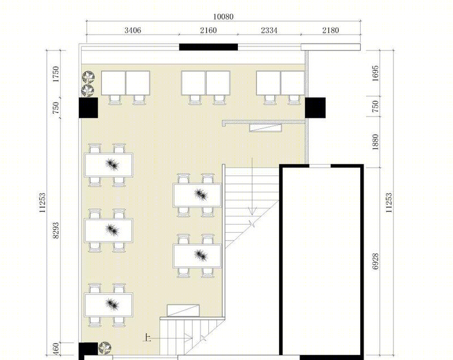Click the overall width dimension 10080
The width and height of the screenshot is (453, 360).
click(x=223, y=16)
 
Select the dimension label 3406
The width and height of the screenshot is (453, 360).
click(x=133, y=30)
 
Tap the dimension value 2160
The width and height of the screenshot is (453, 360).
click(x=208, y=30)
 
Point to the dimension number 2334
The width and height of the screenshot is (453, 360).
click(x=269, y=30)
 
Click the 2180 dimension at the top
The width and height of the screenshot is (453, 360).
click(x=331, y=30)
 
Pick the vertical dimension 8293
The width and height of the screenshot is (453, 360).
click(x=55, y=230)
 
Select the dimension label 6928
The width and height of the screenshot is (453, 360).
click(x=375, y=262)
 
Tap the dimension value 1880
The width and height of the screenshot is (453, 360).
click(x=375, y=142)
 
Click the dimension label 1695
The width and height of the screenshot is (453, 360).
click(x=375, y=74)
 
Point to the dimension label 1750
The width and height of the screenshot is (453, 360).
click(x=55, y=74)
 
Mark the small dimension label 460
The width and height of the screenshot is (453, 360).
click(x=56, y=349)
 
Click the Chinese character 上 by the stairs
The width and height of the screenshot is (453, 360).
click(x=148, y=338)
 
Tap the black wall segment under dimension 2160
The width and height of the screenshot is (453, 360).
click(x=208, y=47)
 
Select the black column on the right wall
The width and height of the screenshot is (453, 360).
click(x=315, y=108)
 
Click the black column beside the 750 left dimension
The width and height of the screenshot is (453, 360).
click(x=88, y=108)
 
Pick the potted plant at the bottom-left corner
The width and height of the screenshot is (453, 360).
click(x=104, y=348)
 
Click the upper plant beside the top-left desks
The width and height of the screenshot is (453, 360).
click(x=88, y=77)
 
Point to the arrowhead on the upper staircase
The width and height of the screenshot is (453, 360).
click(x=253, y=211)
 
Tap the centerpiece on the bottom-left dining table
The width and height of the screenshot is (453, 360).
click(x=112, y=304)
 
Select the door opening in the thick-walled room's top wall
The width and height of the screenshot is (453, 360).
click(x=320, y=166)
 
